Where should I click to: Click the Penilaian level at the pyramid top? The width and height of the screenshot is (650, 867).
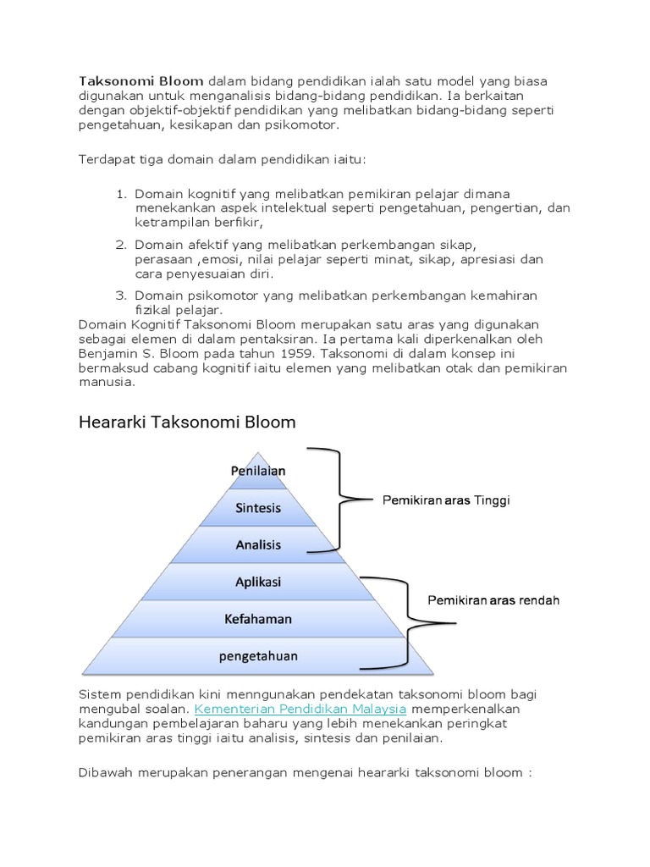click(x=258, y=471)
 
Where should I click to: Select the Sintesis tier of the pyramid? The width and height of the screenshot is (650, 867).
click(x=258, y=508)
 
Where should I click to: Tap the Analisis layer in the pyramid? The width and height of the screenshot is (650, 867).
click(x=258, y=545)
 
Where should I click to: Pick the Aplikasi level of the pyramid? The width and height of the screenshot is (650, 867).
click(x=258, y=583)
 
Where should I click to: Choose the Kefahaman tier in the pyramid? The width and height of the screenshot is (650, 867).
click(x=258, y=619)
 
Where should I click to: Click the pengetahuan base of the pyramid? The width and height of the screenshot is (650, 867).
click(x=258, y=655)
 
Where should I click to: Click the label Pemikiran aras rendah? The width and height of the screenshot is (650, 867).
click(x=493, y=600)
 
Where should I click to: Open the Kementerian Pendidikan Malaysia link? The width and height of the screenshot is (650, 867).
click(x=300, y=708)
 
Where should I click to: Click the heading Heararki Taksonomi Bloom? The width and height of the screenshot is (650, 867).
click(x=187, y=422)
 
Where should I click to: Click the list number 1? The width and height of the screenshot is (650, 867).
click(x=121, y=194)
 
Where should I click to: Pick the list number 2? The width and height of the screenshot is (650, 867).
click(x=121, y=245)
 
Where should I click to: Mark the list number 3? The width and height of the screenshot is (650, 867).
click(x=121, y=295)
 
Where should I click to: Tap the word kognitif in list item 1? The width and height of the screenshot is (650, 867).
click(x=211, y=194)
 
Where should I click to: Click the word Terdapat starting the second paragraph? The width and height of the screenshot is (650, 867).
click(x=107, y=159)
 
